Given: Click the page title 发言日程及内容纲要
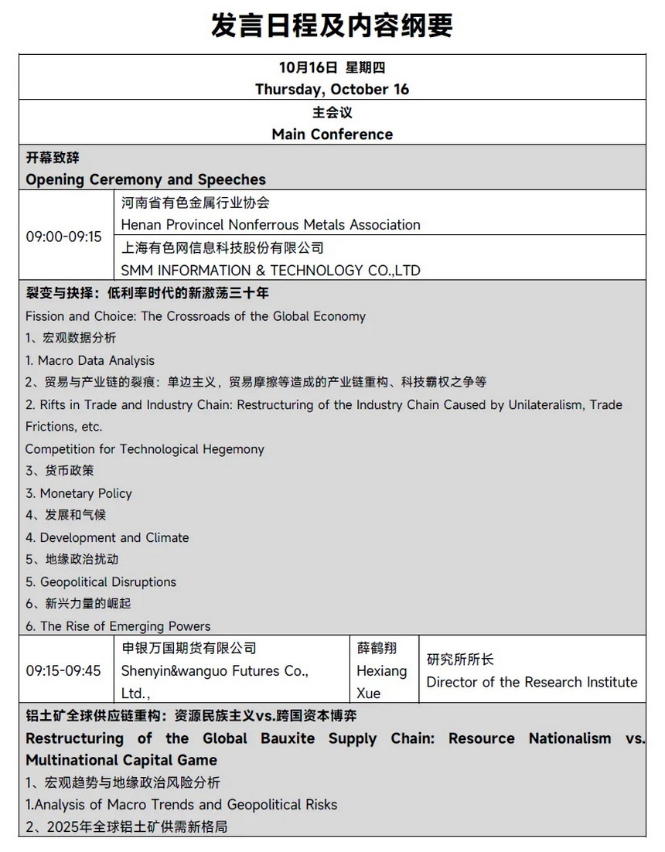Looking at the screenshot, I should (332, 26).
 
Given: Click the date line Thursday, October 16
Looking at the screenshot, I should (332, 89).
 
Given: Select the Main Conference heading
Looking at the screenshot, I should (332, 134).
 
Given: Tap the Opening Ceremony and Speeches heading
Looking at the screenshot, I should (145, 179).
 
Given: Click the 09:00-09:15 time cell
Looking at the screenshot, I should (63, 236).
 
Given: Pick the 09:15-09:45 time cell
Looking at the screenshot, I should (63, 670).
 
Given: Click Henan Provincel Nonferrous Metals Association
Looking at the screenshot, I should (271, 225).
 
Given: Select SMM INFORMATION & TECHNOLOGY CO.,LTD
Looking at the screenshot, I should (271, 271).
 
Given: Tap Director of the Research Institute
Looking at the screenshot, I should (532, 682).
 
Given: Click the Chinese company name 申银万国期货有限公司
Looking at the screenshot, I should (189, 648).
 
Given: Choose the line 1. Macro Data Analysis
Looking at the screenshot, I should (90, 360).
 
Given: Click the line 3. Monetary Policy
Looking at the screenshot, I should (78, 493).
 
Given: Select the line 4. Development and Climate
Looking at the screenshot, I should (107, 537).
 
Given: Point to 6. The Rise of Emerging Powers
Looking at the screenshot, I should (118, 626).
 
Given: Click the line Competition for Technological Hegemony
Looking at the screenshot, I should (145, 449).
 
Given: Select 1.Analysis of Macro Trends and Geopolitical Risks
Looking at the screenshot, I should (181, 805).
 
